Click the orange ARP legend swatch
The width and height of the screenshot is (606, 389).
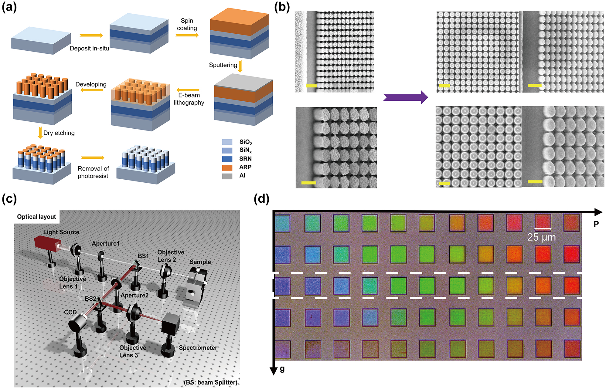click(227, 167)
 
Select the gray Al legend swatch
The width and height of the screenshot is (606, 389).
click(227, 176)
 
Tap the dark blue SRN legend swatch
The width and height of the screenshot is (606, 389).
click(227, 159)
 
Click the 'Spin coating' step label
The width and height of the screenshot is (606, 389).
click(187, 24)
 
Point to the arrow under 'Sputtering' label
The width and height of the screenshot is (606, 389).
click(240, 66)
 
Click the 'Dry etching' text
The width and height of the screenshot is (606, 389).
click(59, 133)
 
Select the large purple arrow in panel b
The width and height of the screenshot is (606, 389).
click(405, 97)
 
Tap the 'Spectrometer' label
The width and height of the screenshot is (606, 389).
click(198, 348)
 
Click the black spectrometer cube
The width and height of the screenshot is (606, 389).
click(171, 323)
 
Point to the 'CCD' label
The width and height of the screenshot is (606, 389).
click(70, 312)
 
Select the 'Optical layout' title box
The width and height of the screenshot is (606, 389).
click(36, 217)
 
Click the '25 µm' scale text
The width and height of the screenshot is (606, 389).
click(541, 237)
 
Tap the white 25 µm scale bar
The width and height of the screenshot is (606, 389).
click(543, 228)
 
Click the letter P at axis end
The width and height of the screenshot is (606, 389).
click(596, 224)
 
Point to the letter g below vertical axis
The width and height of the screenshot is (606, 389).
click(282, 369)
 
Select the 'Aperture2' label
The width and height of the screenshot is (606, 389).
click(134, 295)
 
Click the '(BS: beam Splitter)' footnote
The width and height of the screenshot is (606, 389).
click(211, 382)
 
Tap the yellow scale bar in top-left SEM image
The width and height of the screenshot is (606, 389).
click(311, 86)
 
